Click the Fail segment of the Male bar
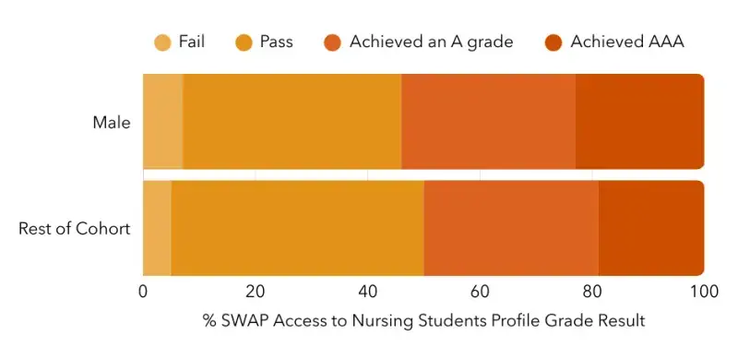(x=163, y=122)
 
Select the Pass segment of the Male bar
(x=292, y=122)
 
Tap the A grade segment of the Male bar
(x=488, y=122)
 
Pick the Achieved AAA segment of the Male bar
(x=639, y=122)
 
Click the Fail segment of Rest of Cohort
(x=157, y=228)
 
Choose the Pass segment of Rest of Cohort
(x=297, y=228)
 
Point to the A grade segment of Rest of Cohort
(x=511, y=228)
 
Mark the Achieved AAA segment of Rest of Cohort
(x=651, y=228)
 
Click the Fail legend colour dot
(x=162, y=42)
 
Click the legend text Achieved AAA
(x=627, y=42)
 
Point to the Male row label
(x=112, y=122)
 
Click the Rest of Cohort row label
(x=75, y=228)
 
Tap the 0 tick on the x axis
(x=143, y=291)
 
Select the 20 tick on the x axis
(x=256, y=291)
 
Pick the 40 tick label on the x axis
(x=367, y=291)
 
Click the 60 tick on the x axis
(x=480, y=291)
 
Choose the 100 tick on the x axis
(x=703, y=291)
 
